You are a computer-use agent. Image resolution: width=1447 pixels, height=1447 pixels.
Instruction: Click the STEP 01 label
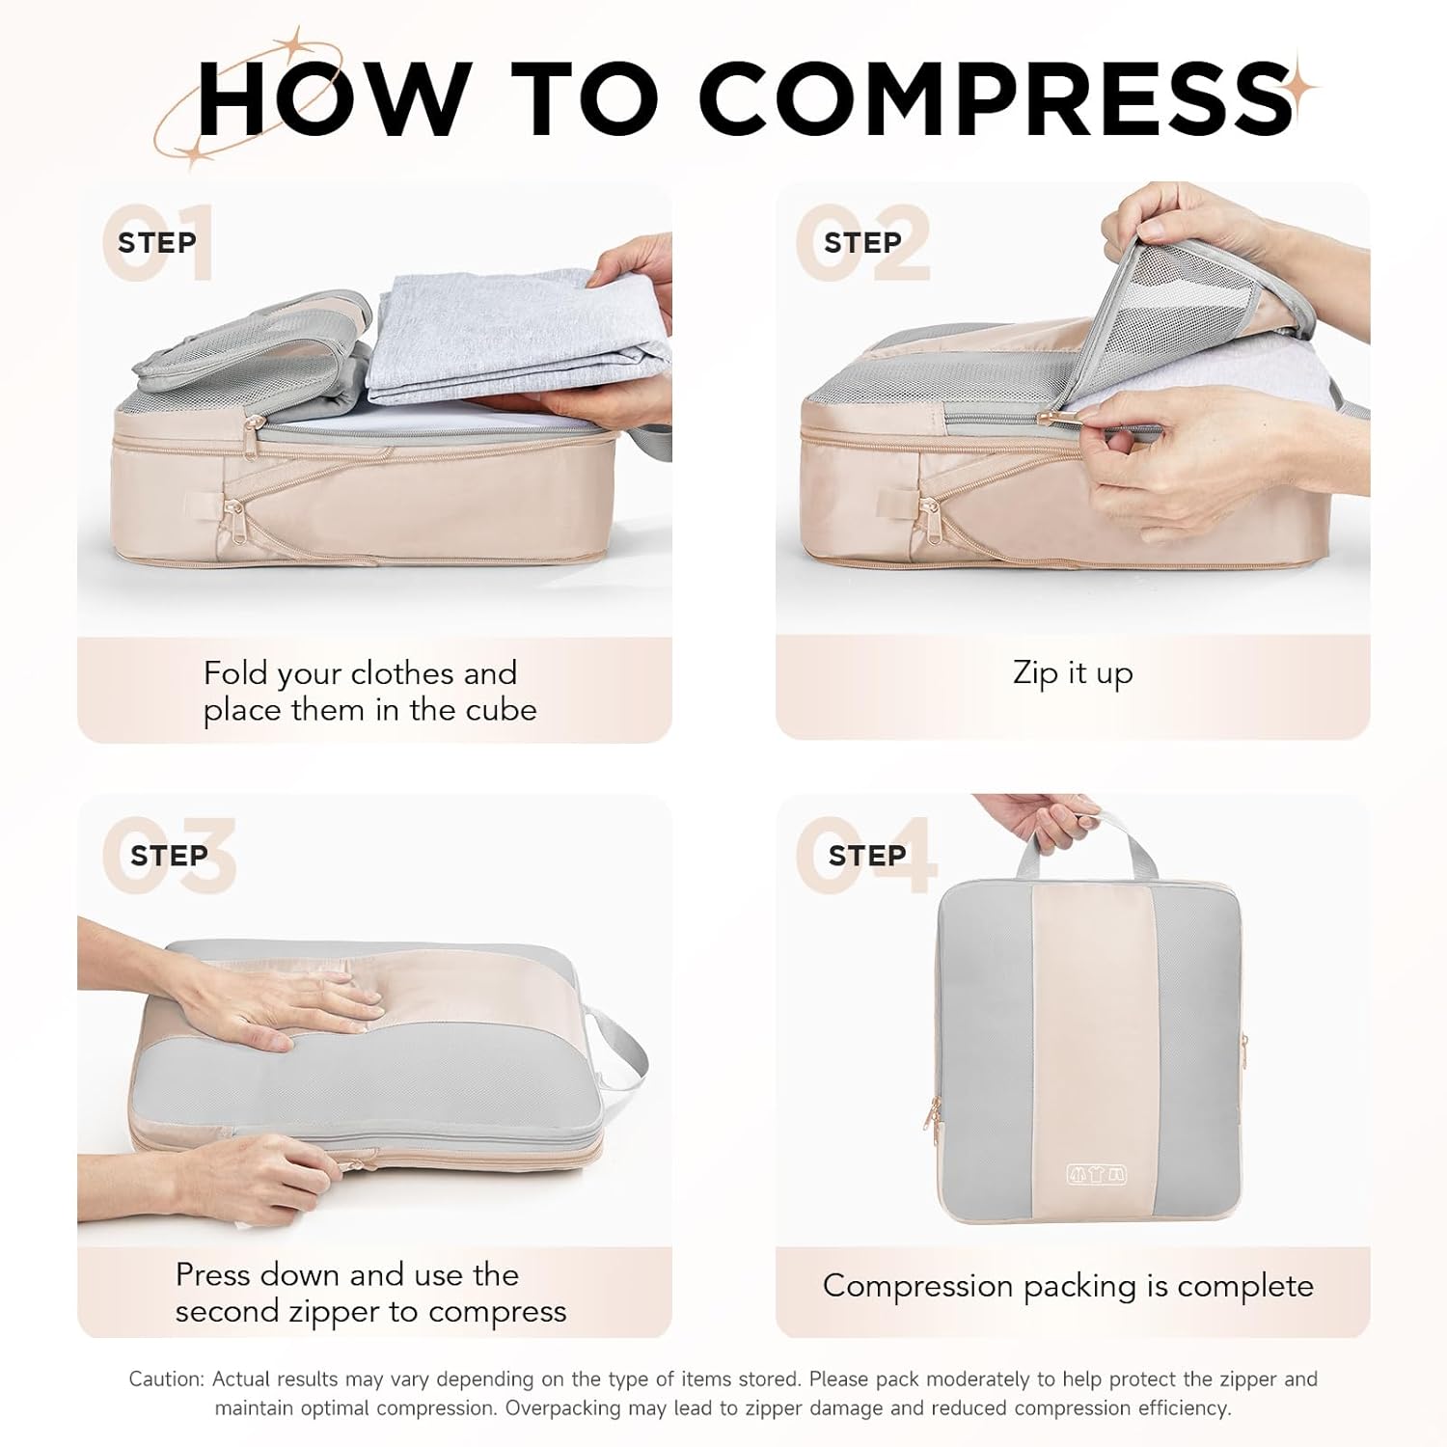coord(156,243)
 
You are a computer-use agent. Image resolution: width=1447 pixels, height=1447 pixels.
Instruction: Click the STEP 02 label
coord(862,243)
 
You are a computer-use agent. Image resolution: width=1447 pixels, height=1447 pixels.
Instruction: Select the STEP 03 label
coord(169,856)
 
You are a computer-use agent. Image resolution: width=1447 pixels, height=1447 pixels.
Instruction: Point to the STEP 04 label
coord(866,856)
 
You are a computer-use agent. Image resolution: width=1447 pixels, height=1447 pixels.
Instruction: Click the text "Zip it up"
coord(1073,673)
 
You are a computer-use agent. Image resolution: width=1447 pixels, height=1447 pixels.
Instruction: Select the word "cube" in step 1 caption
coord(501,711)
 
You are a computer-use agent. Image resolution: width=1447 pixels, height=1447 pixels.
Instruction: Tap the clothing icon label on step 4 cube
coord(1097,1175)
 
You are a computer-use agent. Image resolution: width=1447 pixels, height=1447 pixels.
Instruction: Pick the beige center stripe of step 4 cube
coord(1093,1042)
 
